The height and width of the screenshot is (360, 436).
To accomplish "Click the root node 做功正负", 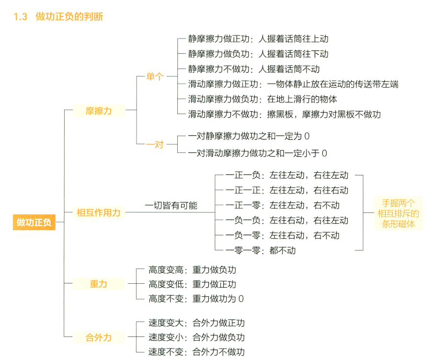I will tap(34, 222).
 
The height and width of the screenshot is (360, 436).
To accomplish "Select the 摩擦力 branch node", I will tap(99, 111).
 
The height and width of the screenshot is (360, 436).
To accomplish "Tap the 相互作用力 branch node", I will tap(99, 212).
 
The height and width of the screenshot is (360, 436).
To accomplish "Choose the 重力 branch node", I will tap(99, 284).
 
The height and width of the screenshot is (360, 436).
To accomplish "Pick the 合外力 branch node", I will tap(99, 337).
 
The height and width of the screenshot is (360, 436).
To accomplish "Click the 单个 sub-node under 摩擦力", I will tap(154, 77).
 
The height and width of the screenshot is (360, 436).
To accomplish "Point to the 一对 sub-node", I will tap(154, 144).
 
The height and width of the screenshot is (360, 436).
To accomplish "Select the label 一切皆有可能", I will tap(171, 206).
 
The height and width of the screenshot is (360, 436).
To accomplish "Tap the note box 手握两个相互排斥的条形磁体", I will tap(398, 212).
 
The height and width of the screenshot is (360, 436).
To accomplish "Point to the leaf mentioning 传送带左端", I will tap(293, 84).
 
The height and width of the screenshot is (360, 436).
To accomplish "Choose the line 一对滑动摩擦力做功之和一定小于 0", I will tap(257, 153).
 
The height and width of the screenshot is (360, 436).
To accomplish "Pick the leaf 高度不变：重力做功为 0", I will tap(196, 299).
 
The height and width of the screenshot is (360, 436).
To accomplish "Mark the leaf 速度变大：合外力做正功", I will tap(196, 323).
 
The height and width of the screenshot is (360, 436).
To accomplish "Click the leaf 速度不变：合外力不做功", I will tap(196, 352).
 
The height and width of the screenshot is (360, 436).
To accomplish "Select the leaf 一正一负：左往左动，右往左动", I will tap(287, 175).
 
